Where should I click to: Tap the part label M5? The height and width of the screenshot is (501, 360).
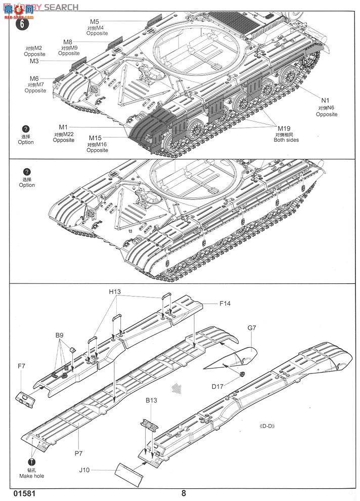[x=95, y=21]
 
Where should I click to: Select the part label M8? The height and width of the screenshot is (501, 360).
[x=68, y=41]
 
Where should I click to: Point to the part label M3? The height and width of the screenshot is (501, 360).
[x=34, y=61]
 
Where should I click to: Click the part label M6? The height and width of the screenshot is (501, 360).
[x=34, y=78]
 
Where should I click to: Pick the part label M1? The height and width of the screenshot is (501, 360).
[x=63, y=127]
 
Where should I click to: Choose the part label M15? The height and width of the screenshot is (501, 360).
[x=96, y=138]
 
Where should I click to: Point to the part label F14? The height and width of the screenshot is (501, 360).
[x=226, y=304]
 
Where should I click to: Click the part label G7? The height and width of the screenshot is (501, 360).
[x=252, y=328]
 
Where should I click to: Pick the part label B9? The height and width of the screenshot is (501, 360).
[x=60, y=336]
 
